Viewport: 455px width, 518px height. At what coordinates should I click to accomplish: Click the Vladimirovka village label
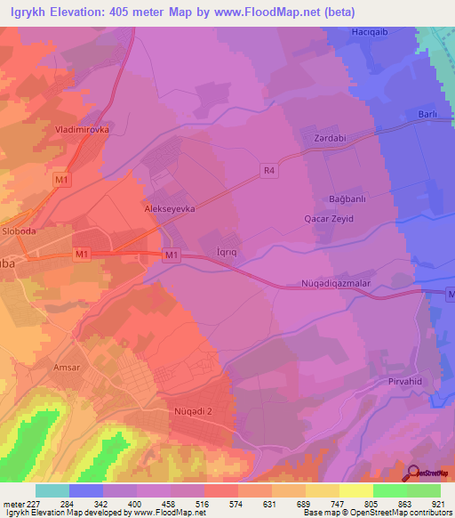[83, 127]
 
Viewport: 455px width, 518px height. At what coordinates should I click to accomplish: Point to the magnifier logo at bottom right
[415, 473]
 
